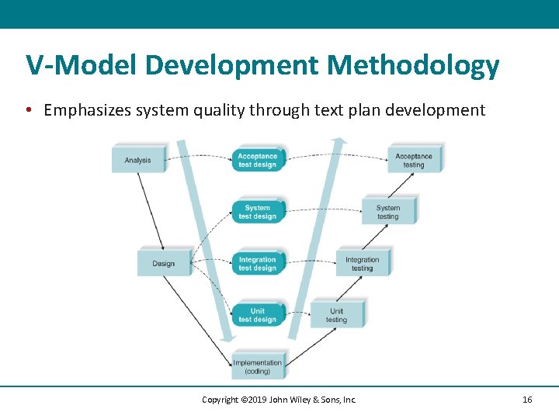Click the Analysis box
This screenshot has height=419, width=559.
point(138,160)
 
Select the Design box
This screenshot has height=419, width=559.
point(163,263)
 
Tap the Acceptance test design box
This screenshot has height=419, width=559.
point(257,160)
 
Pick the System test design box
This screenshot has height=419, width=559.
point(257,212)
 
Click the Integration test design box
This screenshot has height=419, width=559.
point(257,264)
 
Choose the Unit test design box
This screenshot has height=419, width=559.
point(257,315)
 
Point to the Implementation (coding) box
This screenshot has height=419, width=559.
point(258,366)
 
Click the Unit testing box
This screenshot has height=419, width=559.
point(336,315)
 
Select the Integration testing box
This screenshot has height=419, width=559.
point(362,264)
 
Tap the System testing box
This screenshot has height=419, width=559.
point(388,212)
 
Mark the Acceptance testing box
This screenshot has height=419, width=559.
point(414,160)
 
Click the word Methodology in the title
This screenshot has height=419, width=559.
point(413,66)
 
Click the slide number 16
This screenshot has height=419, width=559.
point(527,400)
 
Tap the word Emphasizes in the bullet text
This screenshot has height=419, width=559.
point(87,110)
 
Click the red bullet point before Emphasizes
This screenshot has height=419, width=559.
point(28,110)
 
